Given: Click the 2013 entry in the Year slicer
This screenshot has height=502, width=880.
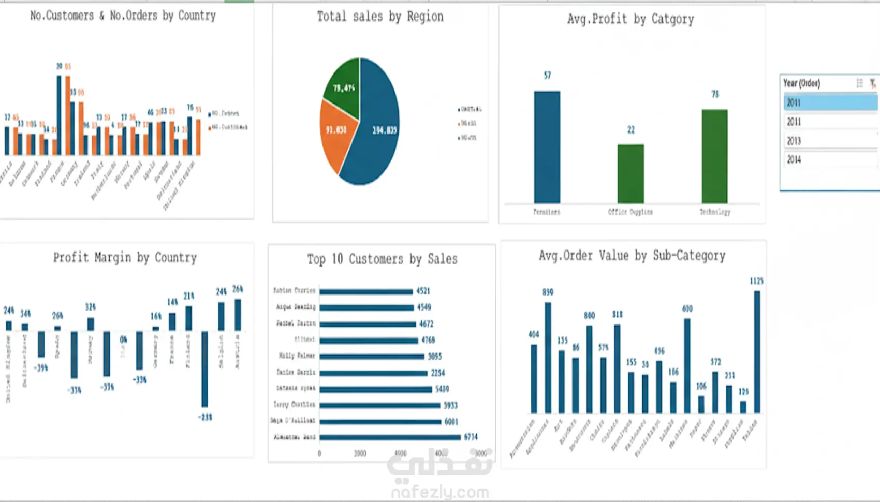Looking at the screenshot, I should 794,141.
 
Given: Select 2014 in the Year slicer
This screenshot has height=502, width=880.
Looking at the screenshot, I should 794,160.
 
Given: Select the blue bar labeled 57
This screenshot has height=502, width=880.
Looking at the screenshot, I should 547,147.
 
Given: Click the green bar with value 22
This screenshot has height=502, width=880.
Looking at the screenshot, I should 630,173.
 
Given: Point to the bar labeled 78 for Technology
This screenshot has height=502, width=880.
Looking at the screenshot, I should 714,156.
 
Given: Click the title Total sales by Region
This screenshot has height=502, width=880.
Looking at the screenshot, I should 380,17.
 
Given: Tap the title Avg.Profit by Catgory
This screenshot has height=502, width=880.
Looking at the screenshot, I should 630,19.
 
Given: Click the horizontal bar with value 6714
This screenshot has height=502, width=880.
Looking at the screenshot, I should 390,437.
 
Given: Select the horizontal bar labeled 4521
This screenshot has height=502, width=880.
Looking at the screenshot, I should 366,291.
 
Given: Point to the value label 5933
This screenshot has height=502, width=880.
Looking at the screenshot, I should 450,405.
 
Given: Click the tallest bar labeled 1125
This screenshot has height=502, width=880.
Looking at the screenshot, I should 757,351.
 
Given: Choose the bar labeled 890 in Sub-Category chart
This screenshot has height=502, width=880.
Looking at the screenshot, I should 548,357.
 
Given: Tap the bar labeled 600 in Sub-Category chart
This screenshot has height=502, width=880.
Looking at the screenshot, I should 687,365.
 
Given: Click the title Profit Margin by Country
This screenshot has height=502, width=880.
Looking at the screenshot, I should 125,258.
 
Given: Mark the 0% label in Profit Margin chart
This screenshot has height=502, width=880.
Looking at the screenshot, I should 123,340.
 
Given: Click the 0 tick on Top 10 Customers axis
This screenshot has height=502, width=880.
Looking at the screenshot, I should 319,454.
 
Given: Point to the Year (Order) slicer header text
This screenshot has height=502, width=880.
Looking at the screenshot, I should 801,83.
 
